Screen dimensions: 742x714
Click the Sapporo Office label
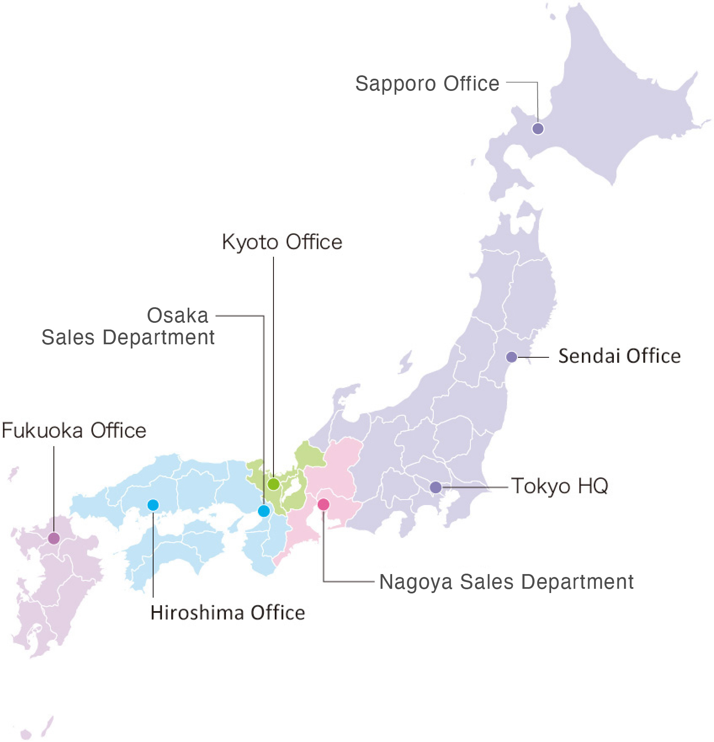point(427,84)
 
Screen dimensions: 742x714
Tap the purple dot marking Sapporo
point(538,128)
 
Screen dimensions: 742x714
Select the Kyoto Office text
point(282,242)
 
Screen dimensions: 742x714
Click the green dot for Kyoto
point(273,484)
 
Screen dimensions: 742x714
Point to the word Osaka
point(178,316)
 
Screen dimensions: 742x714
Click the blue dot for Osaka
point(264,511)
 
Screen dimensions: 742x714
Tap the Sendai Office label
point(619,356)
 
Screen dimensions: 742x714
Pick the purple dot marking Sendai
point(512,357)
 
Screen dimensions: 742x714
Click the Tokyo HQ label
point(559,486)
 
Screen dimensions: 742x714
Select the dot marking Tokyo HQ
point(435,487)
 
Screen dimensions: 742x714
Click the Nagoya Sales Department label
point(506,582)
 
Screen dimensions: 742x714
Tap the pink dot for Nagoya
point(323,504)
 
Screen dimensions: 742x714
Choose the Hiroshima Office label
point(228,613)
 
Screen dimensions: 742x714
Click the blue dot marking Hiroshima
point(153,505)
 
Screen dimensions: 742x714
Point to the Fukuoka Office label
point(74,431)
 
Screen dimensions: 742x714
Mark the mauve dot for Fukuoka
point(54,538)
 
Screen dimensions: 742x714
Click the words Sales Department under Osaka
point(128,338)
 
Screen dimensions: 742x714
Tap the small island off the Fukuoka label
point(13,474)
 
